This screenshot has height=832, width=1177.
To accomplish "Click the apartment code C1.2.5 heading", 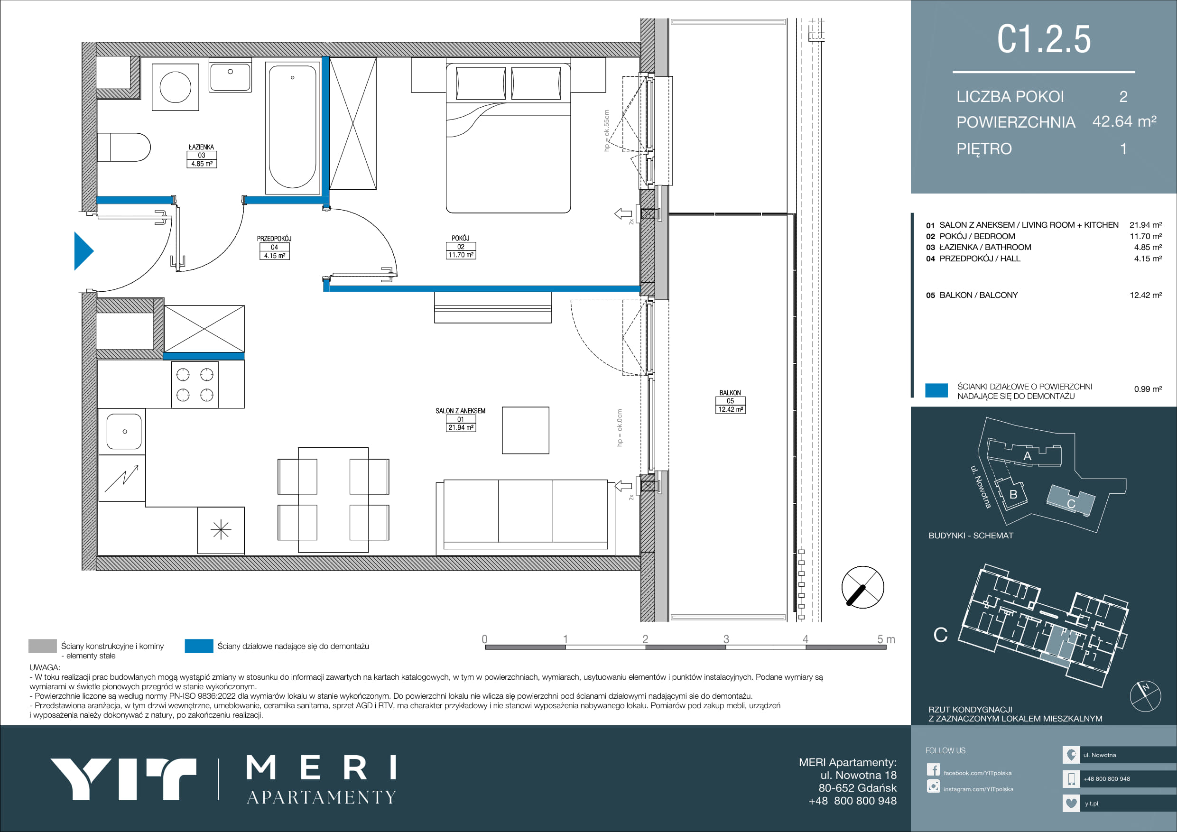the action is [1044, 39].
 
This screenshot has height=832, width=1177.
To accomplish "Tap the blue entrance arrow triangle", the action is [83, 251].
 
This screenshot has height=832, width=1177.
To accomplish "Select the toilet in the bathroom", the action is [123, 147].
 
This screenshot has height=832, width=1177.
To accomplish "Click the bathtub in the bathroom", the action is [292, 127].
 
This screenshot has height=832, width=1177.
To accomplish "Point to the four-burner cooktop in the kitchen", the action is [195, 385].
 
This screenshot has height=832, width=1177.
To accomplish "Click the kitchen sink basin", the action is [124, 432].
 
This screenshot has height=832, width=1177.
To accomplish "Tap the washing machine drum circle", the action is [176, 87].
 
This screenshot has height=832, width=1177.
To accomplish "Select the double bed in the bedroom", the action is [508, 138].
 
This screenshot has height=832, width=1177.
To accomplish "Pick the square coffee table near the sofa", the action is [526, 431].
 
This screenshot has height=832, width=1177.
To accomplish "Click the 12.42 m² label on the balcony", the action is [731, 409].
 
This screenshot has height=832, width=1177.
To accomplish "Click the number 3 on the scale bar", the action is [726, 639].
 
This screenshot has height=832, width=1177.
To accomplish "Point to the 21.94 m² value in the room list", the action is [1146, 225].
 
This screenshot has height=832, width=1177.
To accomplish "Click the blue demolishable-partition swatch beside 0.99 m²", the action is [936, 390].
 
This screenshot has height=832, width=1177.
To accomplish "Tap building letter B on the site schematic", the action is [1013, 495].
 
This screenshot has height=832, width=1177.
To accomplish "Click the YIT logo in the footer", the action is [123, 779].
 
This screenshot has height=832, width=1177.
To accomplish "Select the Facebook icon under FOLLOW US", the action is [933, 769].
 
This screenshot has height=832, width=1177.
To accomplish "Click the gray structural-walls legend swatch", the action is [43, 646].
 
